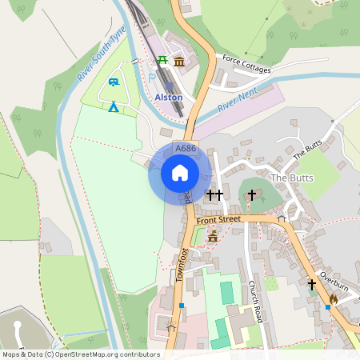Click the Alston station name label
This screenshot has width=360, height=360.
click(169, 97)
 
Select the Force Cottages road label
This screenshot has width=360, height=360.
click(247, 64)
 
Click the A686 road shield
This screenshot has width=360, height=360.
click(185, 149)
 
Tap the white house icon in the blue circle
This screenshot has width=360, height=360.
click(180, 173)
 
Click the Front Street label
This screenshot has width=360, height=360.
click(218, 218)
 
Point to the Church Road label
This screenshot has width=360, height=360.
click(253, 297)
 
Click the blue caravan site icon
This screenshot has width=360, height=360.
click(114, 82)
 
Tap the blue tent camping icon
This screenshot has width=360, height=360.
click(114, 106)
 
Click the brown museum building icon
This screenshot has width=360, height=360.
click(178, 62)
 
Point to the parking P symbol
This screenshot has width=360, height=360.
click(152, 78)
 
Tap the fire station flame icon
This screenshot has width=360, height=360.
click(333, 299)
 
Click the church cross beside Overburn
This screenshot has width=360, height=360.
click(312, 283)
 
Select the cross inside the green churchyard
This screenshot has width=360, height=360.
click(251, 194)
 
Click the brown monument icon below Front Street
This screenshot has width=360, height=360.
click(213, 236)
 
